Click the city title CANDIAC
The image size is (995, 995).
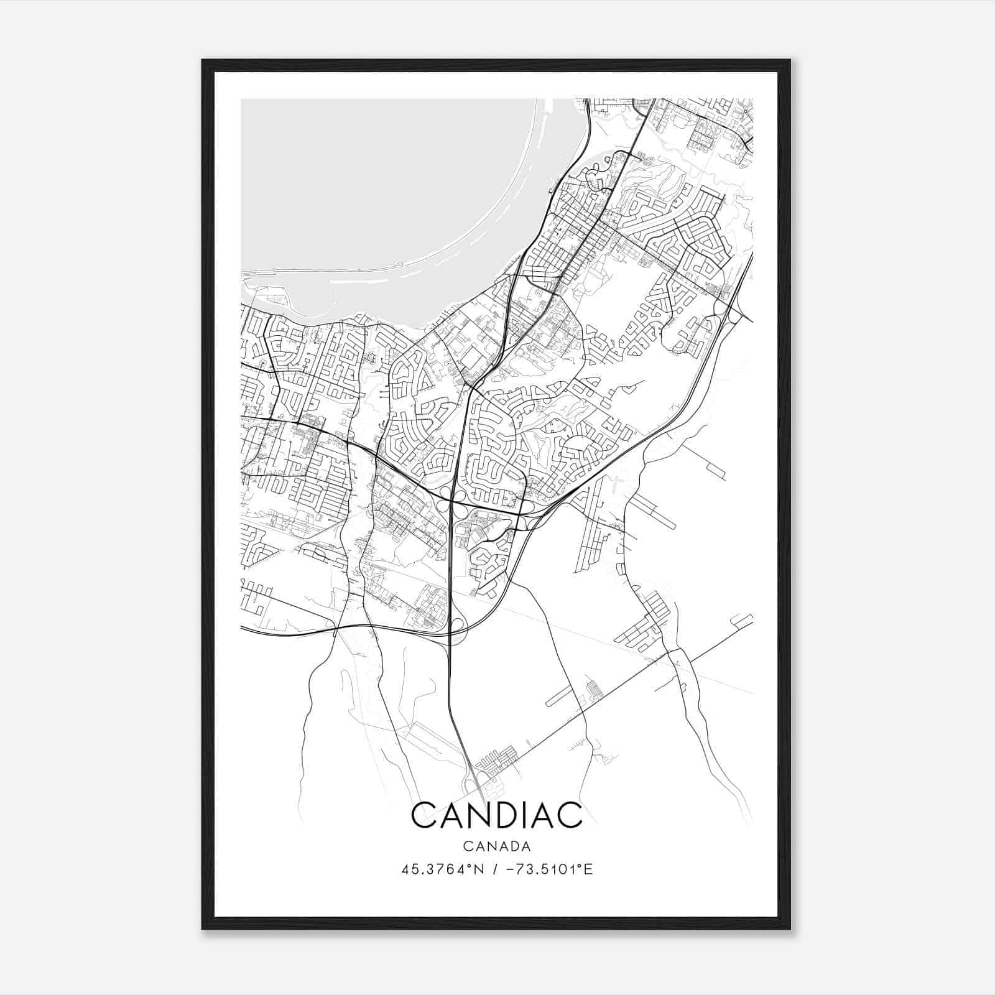(496, 815)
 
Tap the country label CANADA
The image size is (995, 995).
(496, 846)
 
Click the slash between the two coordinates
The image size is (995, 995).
(494, 869)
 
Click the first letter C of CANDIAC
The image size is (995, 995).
(424, 815)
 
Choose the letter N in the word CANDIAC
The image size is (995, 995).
(479, 815)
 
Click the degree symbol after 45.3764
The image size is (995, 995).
(470, 866)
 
